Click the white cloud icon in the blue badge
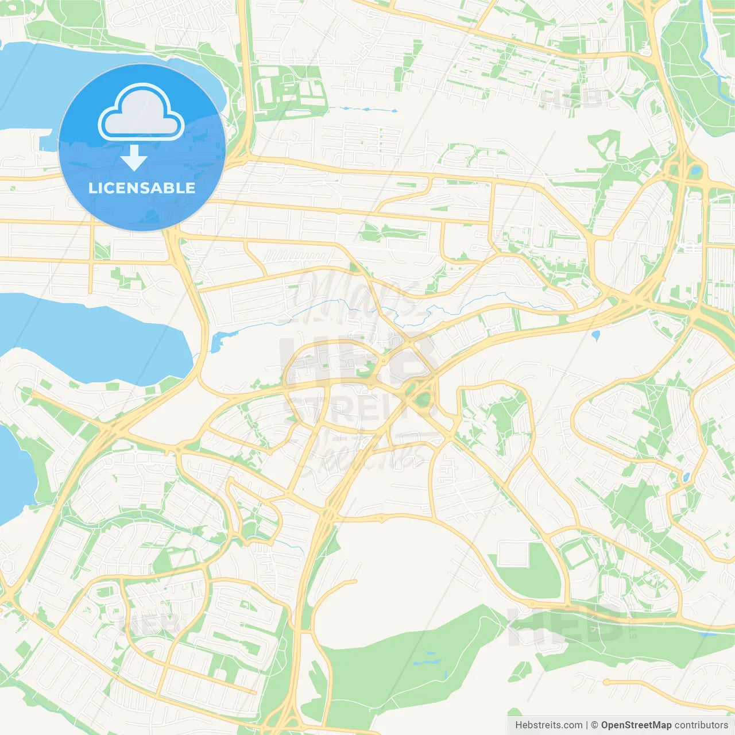point(141,112)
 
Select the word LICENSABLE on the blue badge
point(142,188)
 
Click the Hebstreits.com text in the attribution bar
point(548,725)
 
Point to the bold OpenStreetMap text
point(636,725)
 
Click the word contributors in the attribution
point(701,725)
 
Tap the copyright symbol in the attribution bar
point(594,725)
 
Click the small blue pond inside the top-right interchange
point(696,170)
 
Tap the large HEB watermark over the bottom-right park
point(566,626)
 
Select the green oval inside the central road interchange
point(411,391)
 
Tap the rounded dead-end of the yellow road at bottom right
point(606,682)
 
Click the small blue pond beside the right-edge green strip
point(685,477)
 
